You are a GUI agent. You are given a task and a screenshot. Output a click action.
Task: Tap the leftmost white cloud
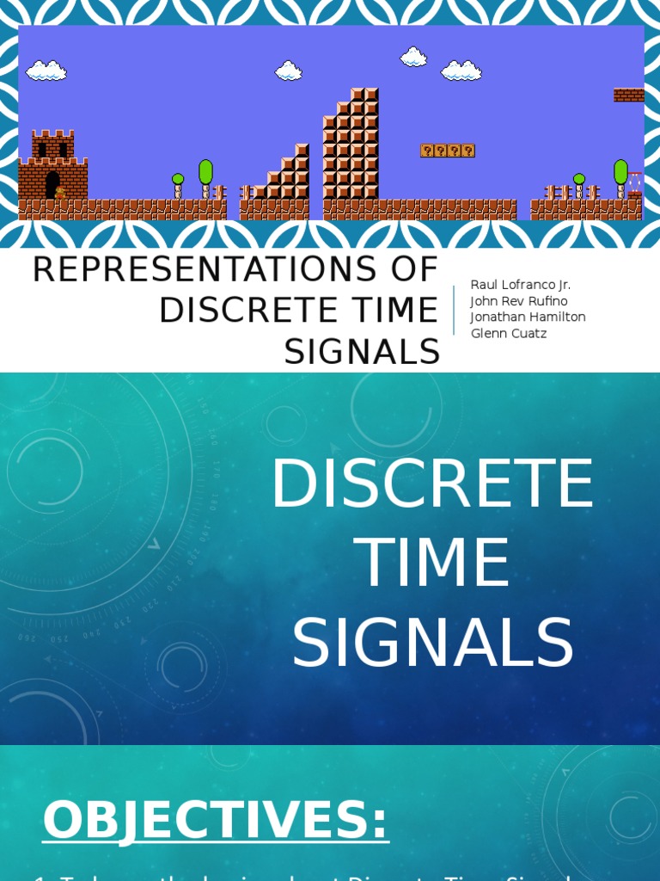46,71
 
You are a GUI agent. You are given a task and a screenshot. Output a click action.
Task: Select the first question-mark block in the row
427,151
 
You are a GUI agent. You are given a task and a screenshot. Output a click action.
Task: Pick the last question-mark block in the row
468,151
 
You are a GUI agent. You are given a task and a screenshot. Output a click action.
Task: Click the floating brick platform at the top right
628,95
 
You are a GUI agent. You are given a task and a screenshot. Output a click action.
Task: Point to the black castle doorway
52,184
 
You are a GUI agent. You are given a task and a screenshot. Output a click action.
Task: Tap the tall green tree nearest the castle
205,174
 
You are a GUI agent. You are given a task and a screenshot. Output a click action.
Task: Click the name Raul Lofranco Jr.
520,285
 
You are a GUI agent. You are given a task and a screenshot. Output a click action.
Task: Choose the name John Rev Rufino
518,301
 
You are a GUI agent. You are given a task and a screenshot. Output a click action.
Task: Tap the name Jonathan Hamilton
528,317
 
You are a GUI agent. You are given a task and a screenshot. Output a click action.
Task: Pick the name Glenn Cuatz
509,333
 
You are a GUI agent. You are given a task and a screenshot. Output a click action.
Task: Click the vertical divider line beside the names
454,310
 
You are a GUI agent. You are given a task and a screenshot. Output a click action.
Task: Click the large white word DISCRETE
432,484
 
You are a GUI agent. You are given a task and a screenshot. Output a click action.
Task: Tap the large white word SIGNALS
432,644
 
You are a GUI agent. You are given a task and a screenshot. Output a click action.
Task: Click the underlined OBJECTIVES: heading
216,820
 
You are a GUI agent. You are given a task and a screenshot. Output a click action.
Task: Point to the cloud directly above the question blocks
461,71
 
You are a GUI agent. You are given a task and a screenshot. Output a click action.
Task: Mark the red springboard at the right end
634,182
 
